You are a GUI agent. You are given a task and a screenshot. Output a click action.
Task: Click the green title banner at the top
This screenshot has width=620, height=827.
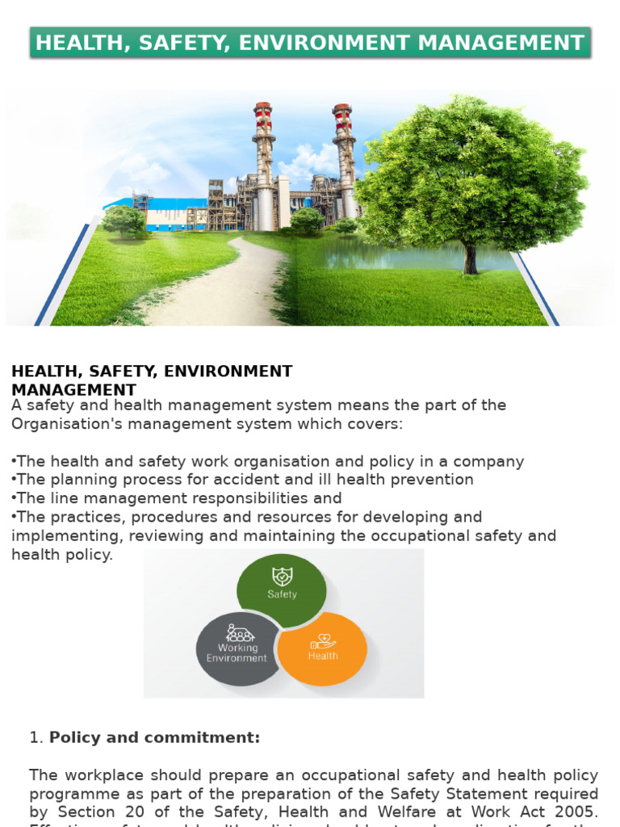click(x=310, y=43)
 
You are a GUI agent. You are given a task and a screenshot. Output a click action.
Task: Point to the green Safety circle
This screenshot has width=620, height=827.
click(x=282, y=589)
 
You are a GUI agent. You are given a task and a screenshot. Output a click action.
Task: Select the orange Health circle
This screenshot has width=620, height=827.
click(x=323, y=650)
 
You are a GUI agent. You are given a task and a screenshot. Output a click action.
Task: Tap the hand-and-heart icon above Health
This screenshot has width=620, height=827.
click(x=323, y=641)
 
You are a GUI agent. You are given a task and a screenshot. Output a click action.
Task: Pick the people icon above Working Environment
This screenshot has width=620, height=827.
click(x=241, y=632)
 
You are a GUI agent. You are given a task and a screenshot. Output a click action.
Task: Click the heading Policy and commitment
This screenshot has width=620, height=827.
click(x=155, y=737)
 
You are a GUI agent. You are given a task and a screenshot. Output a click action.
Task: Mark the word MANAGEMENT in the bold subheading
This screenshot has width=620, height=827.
click(x=73, y=390)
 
